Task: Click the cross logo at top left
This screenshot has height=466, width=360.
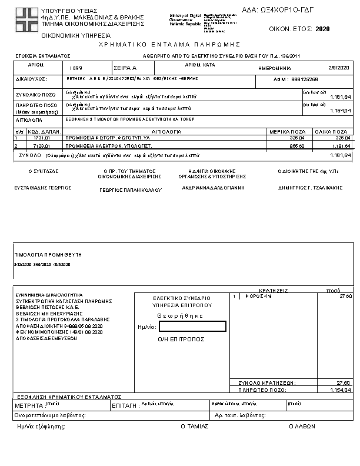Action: [x=26, y=20]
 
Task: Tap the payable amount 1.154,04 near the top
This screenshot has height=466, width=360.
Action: [x=340, y=111]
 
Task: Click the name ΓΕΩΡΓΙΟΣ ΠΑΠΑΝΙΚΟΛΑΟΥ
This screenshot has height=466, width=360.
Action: [x=130, y=190]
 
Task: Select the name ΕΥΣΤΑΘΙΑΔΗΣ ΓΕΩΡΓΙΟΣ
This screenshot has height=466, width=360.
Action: [x=43, y=187]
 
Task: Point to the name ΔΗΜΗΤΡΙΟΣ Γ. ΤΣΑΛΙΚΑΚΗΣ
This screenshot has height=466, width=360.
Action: [x=310, y=188]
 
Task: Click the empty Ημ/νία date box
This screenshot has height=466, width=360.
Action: [x=192, y=326]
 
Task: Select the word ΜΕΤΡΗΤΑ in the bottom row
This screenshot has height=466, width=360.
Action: [x=29, y=405]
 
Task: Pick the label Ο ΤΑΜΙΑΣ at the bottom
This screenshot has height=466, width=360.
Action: [x=194, y=426]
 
